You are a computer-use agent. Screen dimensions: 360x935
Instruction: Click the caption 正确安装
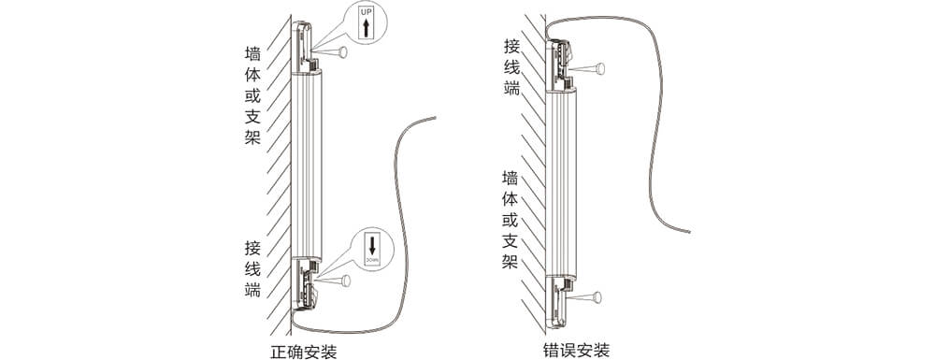303,352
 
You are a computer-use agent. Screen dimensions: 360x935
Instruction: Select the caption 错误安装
576,352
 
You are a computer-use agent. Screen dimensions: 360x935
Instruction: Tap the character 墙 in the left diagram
252,53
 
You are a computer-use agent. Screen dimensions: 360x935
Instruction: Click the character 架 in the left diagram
252,137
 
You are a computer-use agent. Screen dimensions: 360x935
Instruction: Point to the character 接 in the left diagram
252,248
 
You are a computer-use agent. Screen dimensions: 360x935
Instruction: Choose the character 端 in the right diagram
511,89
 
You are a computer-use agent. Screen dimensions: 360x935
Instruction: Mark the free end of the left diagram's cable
435,118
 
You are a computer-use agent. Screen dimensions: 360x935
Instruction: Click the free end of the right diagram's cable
689,232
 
